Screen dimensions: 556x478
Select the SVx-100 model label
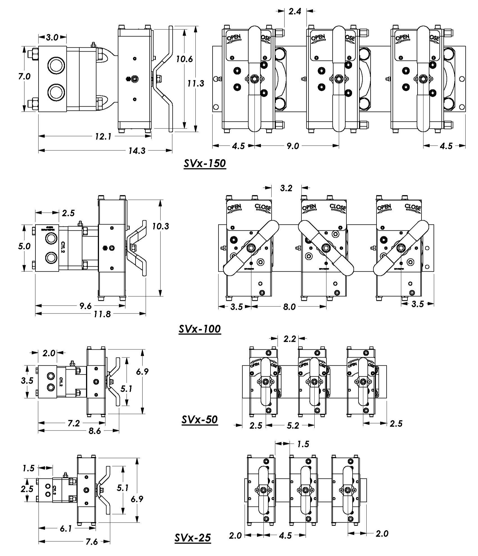point(200,329)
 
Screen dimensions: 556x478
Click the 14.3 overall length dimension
point(137,151)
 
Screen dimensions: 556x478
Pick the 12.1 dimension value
point(103,136)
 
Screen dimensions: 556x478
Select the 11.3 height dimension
point(196,83)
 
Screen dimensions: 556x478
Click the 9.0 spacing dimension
point(293,146)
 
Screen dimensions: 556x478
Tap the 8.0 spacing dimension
point(289,307)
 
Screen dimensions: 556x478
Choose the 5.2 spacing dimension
point(293,425)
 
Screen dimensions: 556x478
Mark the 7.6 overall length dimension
point(92,542)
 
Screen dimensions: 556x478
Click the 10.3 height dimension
point(161,226)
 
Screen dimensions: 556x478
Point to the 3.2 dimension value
point(286,188)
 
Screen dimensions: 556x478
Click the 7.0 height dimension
point(24,76)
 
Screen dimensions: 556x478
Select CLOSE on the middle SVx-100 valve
point(338,207)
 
